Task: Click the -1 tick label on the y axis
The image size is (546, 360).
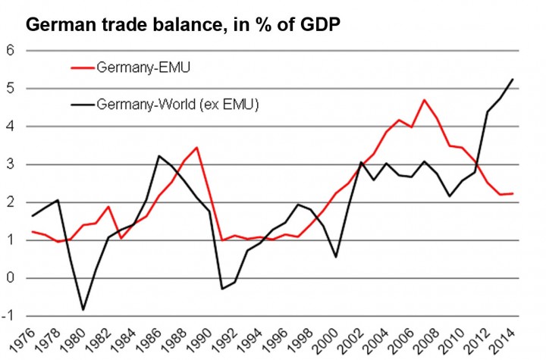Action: point(10,315)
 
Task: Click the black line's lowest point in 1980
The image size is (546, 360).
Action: point(83,310)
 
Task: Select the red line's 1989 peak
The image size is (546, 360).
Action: point(197,148)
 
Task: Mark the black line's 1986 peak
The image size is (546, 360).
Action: point(158,156)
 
